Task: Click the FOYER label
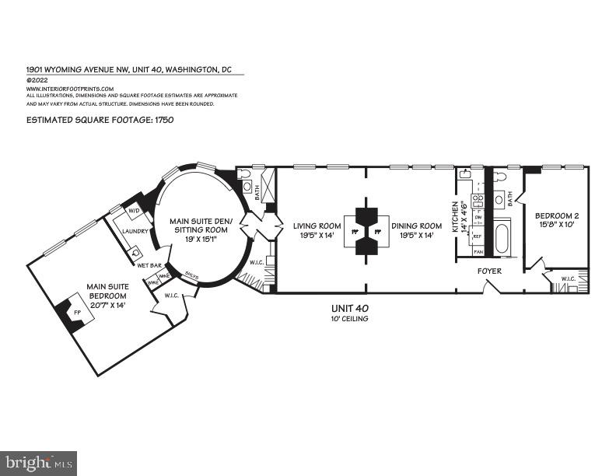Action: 489,271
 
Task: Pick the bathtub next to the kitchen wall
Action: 502,237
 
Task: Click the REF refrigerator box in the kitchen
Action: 478,236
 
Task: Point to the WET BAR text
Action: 149,266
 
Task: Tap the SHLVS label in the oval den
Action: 192,275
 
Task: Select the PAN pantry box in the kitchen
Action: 478,252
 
